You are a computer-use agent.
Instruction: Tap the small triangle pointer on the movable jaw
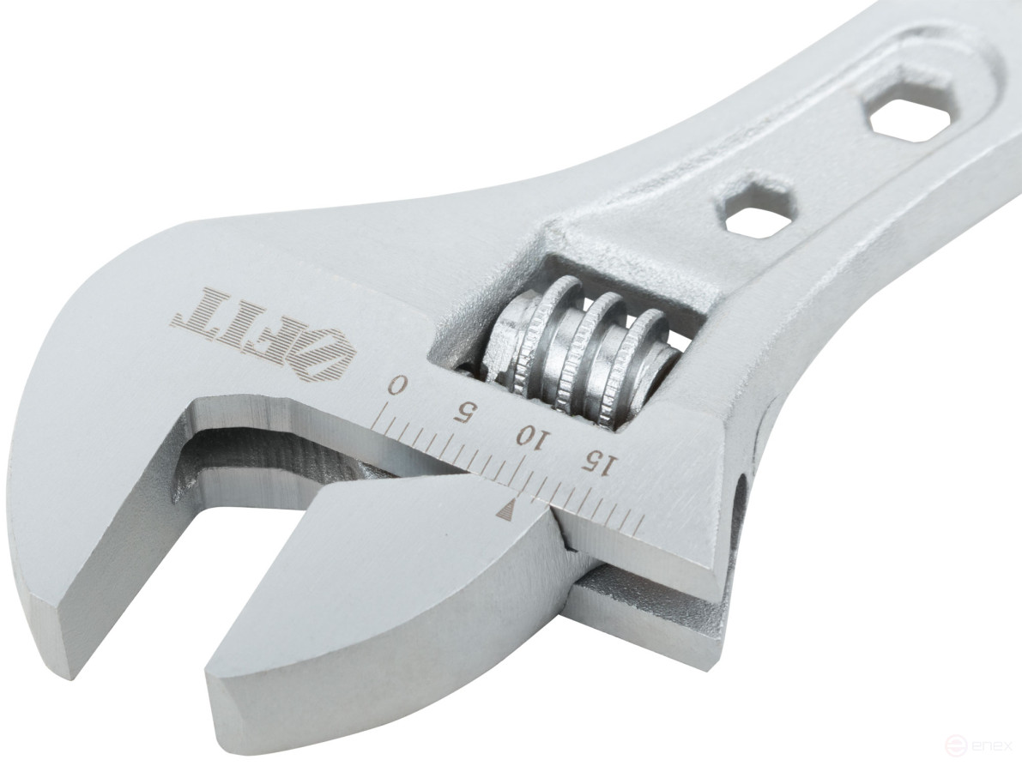tap(506, 512)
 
